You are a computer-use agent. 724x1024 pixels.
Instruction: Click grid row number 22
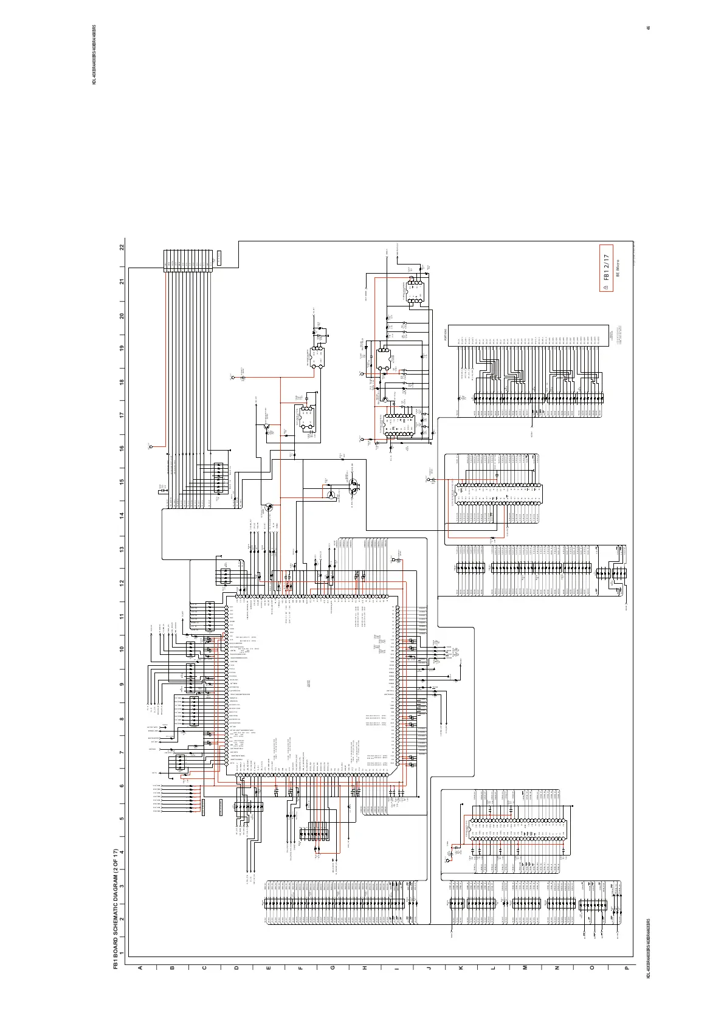click(122, 248)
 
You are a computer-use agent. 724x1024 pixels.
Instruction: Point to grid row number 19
click(122, 348)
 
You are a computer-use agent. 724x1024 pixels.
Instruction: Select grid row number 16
click(122, 448)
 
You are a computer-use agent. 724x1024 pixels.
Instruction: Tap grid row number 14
click(122, 515)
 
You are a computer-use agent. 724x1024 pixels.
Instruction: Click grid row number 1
click(122, 953)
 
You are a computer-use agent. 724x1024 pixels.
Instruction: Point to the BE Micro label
click(616, 269)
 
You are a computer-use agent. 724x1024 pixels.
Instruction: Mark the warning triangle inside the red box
click(606, 285)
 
